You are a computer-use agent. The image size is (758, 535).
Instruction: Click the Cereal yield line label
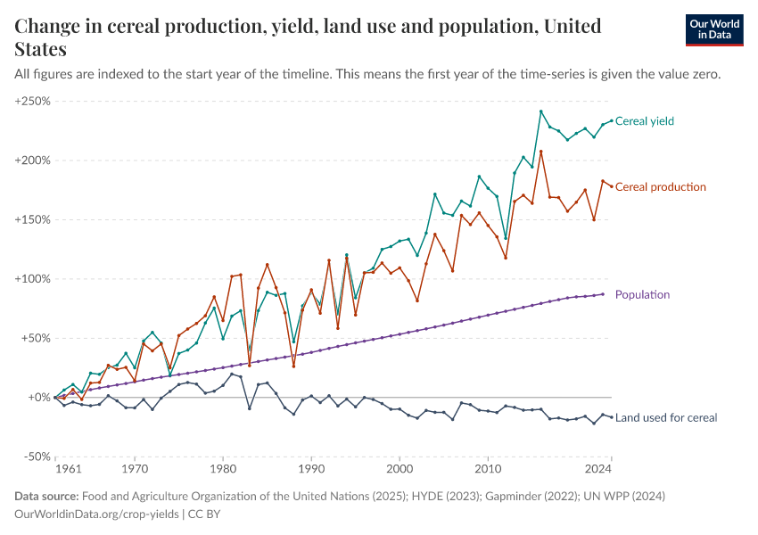(649, 121)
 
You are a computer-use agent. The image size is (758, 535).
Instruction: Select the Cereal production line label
(661, 187)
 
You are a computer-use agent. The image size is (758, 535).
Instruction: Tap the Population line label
(642, 294)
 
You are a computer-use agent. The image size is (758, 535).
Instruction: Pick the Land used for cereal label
(666, 417)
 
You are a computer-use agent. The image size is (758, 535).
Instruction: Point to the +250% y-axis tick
(32, 102)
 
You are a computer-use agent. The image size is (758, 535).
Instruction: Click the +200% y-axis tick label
(32, 160)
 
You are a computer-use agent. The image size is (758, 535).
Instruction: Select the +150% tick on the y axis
(32, 219)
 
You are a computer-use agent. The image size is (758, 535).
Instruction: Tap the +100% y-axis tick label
(32, 279)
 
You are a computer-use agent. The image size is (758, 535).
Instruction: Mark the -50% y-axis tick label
(34, 457)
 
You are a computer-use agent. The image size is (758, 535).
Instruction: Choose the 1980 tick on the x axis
(223, 467)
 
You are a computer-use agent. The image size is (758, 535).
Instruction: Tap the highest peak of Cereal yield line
(541, 111)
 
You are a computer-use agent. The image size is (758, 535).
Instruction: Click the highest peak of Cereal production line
(541, 152)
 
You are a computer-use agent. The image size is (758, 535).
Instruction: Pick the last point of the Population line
(603, 294)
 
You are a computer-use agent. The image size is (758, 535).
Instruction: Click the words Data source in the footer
(47, 496)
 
